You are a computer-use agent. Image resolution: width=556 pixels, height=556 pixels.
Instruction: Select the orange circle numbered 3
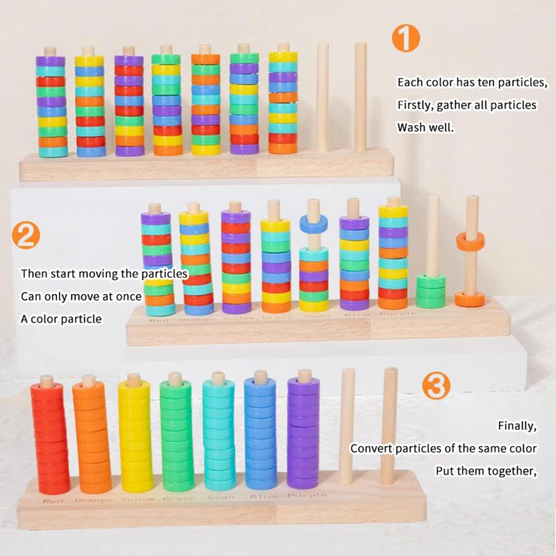pos(436,385)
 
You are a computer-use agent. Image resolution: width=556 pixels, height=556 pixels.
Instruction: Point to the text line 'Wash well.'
pos(425,128)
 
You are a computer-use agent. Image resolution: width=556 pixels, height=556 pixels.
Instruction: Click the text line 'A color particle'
pos(61,318)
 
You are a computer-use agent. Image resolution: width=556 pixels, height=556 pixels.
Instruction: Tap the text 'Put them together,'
pos(486,471)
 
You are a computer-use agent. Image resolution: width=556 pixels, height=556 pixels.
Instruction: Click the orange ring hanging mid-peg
pos(471,242)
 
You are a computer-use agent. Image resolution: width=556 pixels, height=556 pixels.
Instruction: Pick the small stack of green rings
pos(431,291)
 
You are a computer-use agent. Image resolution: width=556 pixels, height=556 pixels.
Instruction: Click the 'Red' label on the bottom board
pos(53,500)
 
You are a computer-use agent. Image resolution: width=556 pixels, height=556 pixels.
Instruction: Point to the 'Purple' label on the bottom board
pos(307,496)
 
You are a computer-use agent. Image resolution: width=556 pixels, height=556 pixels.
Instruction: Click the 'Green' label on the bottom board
pos(179,498)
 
